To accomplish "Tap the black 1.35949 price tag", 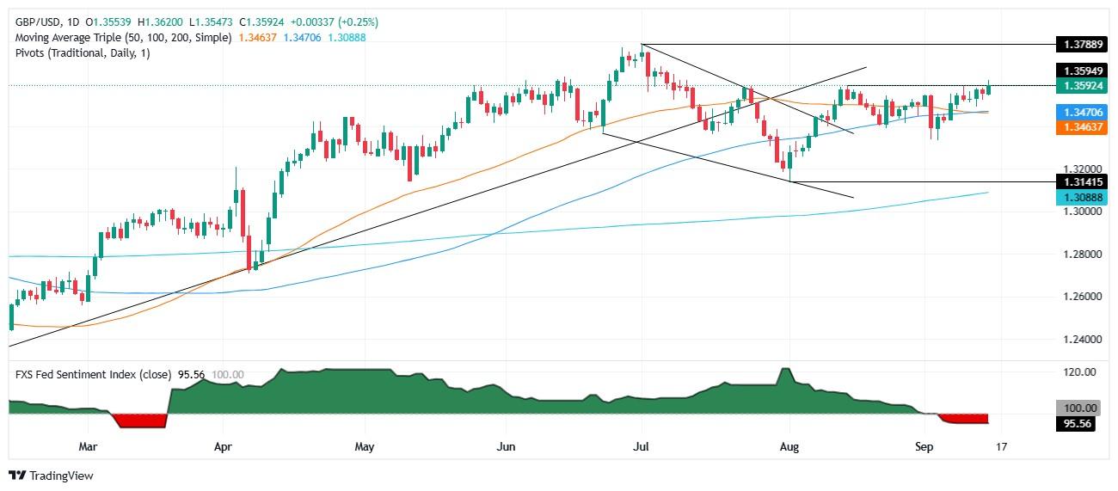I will click(1080, 71).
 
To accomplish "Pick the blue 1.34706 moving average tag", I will click(1080, 111).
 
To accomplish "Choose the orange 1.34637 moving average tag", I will click(1080, 126).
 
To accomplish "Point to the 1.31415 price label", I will click(1080, 182).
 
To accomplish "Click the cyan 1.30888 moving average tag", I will click(1080, 197).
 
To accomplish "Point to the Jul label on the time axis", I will click(641, 447).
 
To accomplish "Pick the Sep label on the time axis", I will click(924, 447).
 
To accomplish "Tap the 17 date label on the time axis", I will click(1001, 447).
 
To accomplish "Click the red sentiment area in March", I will click(138, 420).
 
